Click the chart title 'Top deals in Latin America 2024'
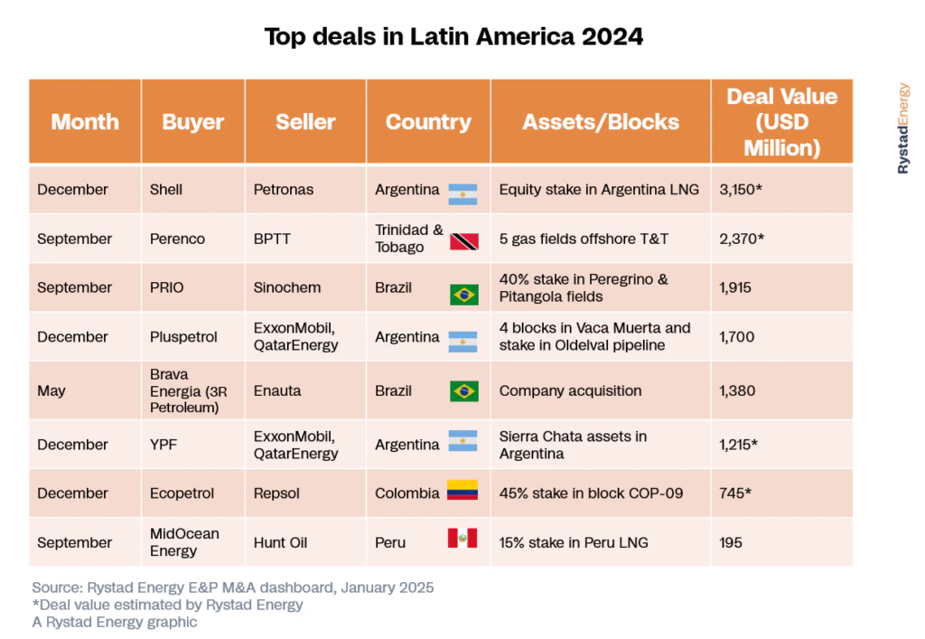pos(453,37)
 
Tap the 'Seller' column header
pos(305,122)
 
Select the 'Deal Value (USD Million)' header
pos(781,122)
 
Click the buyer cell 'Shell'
pos(166,190)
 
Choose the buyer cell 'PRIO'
pos(168,288)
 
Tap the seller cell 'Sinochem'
pos(288,288)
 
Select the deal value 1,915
pos(735,288)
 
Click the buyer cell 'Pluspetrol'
pos(183,337)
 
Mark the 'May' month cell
pos(51,391)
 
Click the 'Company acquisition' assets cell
pos(570,391)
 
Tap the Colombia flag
pos(462,493)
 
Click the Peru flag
pos(462,540)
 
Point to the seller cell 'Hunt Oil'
pos(281,542)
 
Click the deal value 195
pos(731,542)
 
